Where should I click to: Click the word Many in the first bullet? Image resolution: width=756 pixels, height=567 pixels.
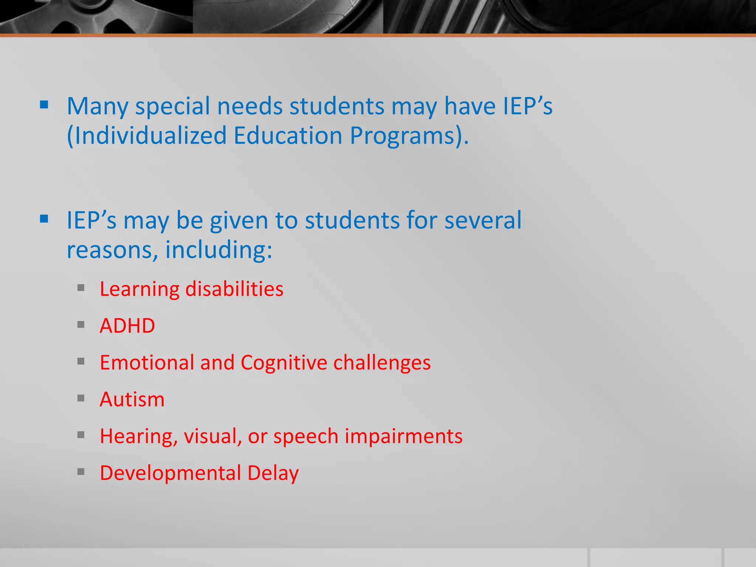[97, 107]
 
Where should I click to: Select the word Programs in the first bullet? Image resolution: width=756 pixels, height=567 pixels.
[405, 136]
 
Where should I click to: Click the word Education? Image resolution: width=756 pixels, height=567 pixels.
[288, 135]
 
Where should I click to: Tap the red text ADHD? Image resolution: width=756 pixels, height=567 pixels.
[127, 326]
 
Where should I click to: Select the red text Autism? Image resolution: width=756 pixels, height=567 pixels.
[132, 399]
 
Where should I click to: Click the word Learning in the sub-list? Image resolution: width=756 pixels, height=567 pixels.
[139, 289]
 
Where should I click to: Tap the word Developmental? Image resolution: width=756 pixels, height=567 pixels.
[170, 473]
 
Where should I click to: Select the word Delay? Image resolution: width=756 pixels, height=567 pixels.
[273, 473]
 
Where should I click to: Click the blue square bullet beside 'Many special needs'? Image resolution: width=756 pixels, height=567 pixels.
[44, 105]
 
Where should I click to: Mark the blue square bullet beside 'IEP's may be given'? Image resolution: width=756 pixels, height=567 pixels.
[44, 219]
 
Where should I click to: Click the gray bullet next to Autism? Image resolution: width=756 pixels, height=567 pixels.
[81, 398]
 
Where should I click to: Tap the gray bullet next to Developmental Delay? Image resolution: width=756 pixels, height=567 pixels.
[81, 472]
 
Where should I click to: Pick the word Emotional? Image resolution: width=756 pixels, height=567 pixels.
[147, 362]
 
